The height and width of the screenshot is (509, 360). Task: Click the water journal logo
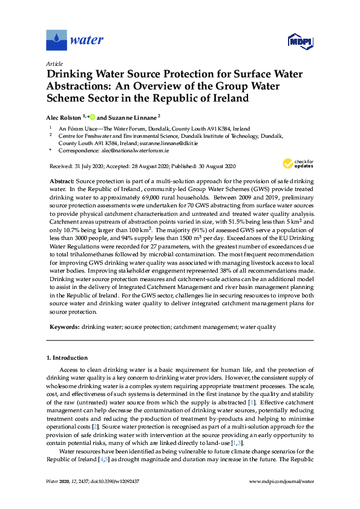75,41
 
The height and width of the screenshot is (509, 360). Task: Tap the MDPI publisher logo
299,42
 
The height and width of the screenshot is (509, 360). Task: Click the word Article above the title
54,63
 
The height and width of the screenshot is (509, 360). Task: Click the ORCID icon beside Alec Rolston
93,117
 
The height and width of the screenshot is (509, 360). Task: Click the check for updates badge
296,163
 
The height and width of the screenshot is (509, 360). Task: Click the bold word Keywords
64,326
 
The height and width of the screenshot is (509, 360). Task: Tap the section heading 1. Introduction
67,358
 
